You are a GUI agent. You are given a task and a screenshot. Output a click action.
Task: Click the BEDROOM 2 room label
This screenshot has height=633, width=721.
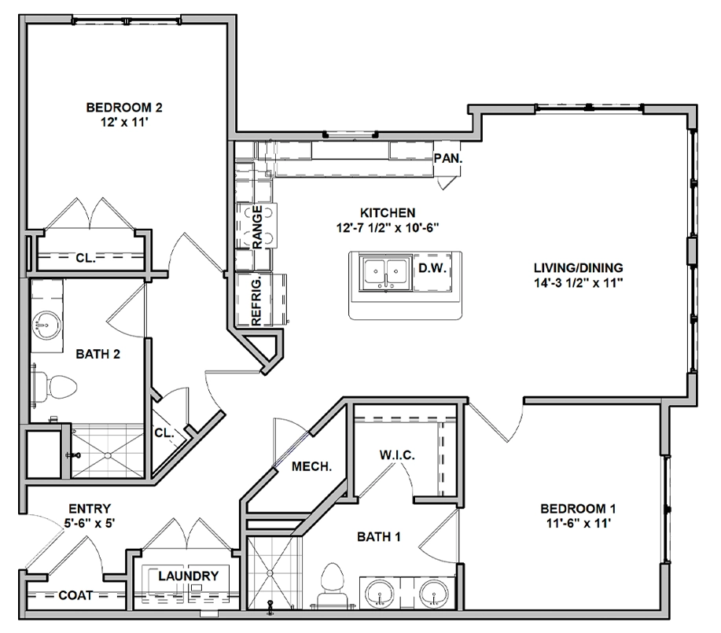pyautogui.click(x=124, y=108)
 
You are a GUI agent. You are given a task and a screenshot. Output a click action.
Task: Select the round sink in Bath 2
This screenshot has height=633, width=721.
pyautogui.click(x=47, y=326)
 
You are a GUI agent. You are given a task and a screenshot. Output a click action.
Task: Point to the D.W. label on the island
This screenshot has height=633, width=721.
pyautogui.click(x=432, y=268)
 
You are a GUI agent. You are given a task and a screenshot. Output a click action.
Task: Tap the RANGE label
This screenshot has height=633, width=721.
pyautogui.click(x=258, y=227)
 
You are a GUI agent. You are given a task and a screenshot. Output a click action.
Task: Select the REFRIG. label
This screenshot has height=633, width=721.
pyautogui.click(x=256, y=301)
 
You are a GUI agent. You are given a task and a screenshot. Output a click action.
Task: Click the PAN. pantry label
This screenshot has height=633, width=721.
pyautogui.click(x=448, y=158)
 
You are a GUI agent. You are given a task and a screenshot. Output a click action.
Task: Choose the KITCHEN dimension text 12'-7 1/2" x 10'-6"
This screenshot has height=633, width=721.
pyautogui.click(x=388, y=228)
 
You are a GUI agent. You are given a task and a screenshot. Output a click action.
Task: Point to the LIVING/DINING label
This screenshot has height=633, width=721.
pyautogui.click(x=579, y=267)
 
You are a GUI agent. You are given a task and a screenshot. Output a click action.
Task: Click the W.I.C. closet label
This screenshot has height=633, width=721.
pyautogui.click(x=397, y=455)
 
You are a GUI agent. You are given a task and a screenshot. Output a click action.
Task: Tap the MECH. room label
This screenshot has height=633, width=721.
pyautogui.click(x=312, y=467)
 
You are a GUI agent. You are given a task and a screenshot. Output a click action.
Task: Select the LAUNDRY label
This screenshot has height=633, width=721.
pyautogui.click(x=189, y=576)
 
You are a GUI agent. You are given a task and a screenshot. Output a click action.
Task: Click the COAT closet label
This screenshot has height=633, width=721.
pyautogui.click(x=75, y=595)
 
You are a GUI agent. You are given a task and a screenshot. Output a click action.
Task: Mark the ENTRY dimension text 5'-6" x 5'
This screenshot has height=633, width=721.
pyautogui.click(x=90, y=523)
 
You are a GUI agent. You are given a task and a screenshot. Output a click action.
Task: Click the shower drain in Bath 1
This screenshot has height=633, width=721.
pyautogui.click(x=270, y=573)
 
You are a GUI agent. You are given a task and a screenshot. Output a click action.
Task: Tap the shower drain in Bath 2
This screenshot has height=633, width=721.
pyautogui.click(x=108, y=456)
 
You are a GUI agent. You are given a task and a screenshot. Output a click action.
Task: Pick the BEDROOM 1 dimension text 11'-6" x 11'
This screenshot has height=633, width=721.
pyautogui.click(x=579, y=523)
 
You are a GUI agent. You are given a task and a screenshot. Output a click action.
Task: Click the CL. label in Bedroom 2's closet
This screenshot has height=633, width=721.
pyautogui.click(x=86, y=258)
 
